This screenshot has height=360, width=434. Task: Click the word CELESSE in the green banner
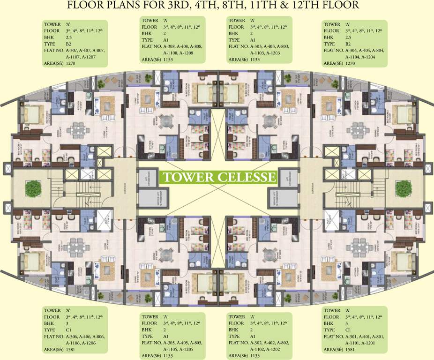[247, 177]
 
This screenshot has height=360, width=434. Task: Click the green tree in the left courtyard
[33, 189]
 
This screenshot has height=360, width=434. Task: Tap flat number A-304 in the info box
[353, 50]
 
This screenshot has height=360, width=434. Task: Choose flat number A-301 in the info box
[353, 336]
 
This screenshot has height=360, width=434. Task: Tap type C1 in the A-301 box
[348, 330]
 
